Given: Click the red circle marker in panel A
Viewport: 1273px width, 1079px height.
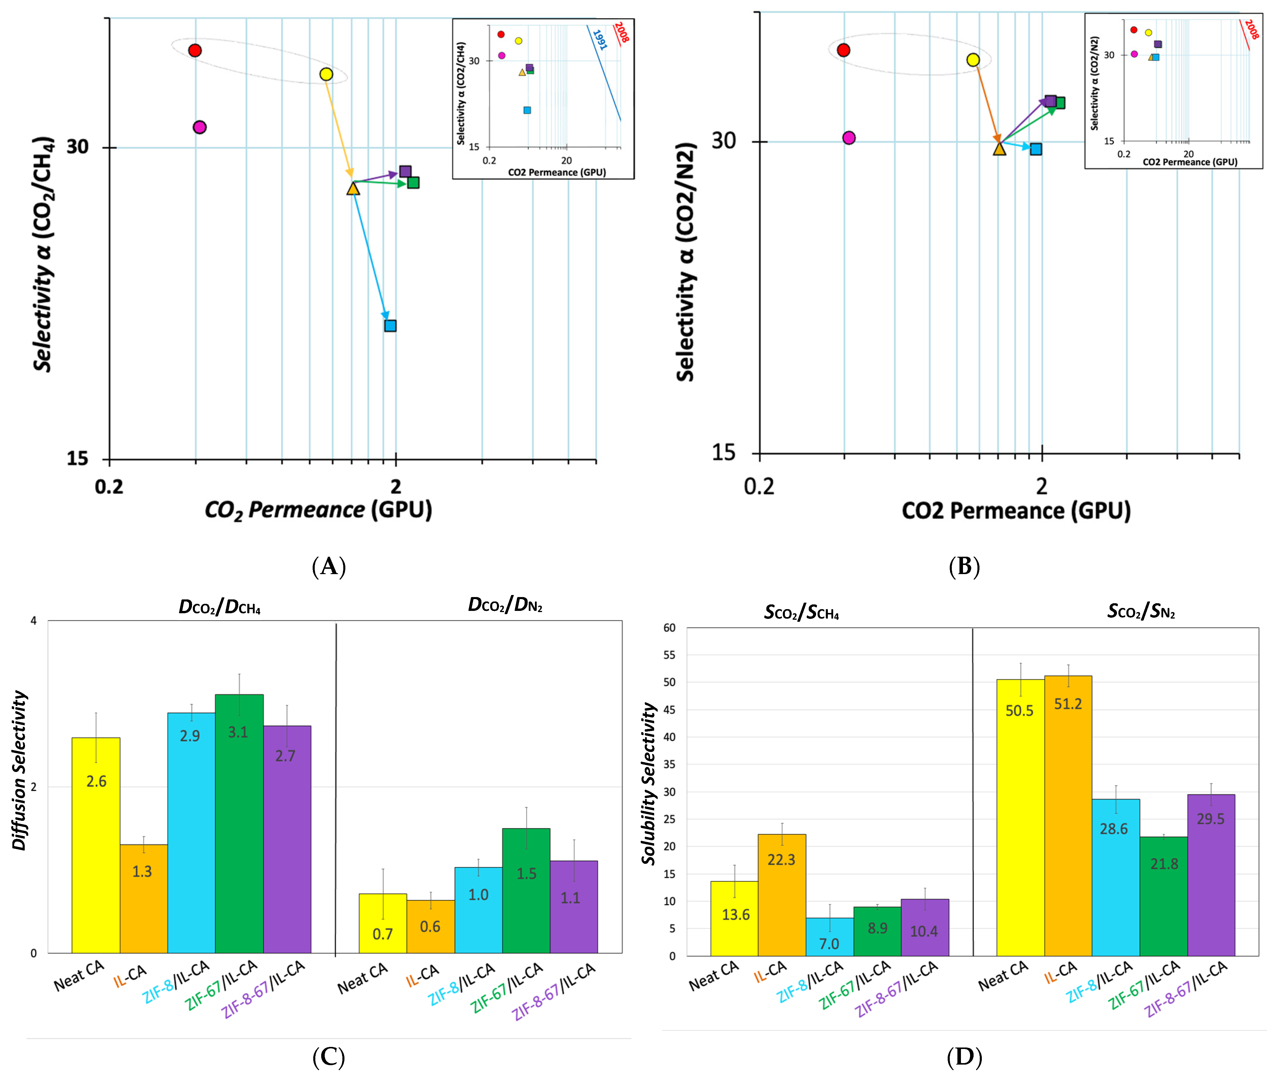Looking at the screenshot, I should pos(195,50).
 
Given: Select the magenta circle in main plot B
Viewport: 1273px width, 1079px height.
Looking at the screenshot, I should pos(848,137).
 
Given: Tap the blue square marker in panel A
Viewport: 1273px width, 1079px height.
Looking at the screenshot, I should pos(390,325).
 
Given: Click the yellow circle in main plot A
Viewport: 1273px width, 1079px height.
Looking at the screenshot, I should pos(326,74).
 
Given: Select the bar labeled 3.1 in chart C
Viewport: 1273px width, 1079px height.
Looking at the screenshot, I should pos(239,823).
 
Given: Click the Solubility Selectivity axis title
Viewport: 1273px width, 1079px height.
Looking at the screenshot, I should pos(649,783).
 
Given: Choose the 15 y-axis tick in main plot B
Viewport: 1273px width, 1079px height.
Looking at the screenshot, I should pos(724,452).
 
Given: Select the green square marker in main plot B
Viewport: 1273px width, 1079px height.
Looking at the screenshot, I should pos(1060,103).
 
